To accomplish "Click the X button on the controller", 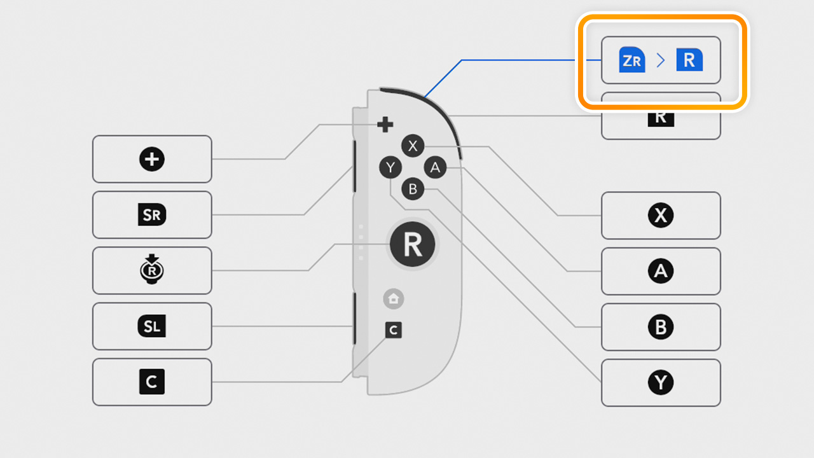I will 413,146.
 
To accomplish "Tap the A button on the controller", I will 435,168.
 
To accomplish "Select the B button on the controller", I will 413,189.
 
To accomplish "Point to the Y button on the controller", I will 390,168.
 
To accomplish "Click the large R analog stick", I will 413,244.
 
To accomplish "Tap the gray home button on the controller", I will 394,298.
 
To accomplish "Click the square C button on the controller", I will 394,330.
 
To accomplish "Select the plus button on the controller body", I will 385,125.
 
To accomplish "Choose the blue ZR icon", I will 632,60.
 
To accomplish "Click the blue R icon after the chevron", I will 689,60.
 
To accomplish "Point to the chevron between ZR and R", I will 661,60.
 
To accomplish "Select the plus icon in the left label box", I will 152,159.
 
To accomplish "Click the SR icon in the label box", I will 152,215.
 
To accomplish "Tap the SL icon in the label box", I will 152,326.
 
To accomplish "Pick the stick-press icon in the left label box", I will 152,270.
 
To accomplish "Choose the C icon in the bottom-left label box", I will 152,382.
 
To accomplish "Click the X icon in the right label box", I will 661,216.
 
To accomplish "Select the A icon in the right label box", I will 661,272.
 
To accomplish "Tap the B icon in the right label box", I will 661,327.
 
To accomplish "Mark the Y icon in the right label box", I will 661,383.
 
